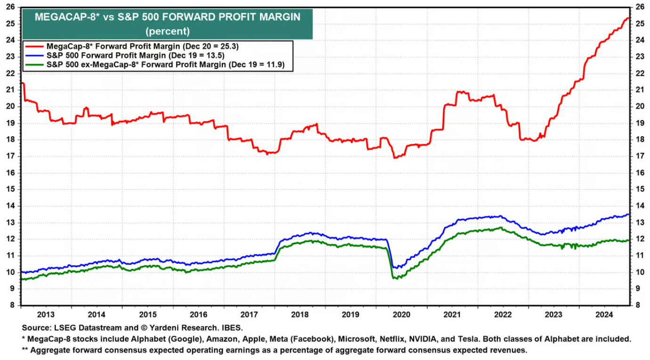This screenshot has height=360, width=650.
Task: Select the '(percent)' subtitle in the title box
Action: pyautogui.click(x=167, y=32)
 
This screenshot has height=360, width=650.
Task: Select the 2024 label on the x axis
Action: pyautogui.click(x=604, y=314)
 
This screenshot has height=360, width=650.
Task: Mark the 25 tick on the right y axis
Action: pyautogui.click(x=639, y=24)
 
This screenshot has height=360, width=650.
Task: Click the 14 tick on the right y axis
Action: pyautogui.click(x=639, y=206)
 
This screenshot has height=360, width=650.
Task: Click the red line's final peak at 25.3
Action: pyautogui.click(x=628, y=18)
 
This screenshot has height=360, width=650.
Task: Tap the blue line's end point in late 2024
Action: pyautogui.click(x=629, y=214)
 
